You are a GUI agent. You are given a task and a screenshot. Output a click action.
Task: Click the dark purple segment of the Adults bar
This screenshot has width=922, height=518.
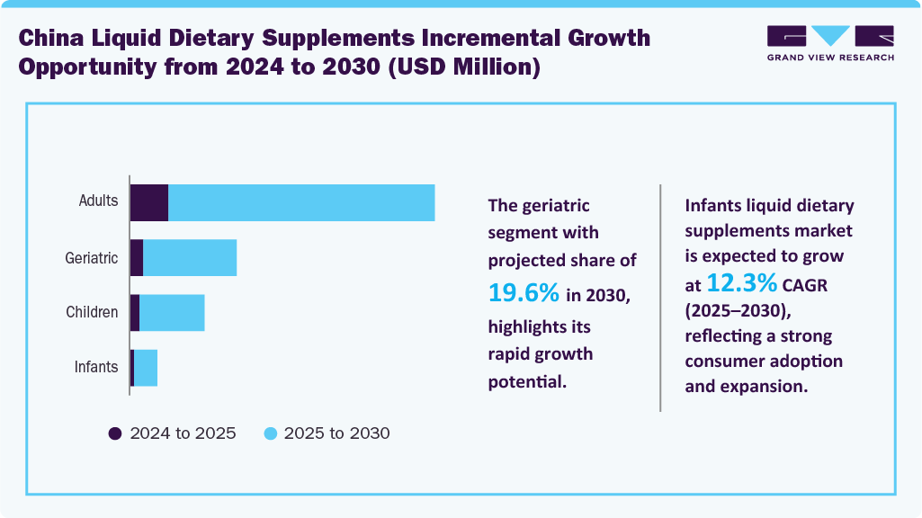(149, 202)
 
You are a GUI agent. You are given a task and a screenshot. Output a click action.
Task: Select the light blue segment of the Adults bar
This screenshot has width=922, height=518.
(301, 202)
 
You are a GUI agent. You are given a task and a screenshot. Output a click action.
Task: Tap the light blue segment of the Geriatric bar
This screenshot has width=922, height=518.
(190, 258)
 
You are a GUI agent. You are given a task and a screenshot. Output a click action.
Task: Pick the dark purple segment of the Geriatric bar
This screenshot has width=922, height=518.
(137, 258)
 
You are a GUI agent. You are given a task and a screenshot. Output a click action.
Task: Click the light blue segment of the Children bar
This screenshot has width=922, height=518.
(172, 313)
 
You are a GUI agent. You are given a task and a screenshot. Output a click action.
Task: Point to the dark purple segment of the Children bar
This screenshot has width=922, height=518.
(135, 313)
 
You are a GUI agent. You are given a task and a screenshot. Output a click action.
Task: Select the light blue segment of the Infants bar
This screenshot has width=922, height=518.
(146, 368)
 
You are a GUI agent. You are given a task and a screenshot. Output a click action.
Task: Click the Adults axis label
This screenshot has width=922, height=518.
(98, 201)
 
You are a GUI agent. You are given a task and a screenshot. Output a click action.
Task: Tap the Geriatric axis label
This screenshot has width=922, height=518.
(92, 258)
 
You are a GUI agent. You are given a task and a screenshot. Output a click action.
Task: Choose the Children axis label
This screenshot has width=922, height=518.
(92, 313)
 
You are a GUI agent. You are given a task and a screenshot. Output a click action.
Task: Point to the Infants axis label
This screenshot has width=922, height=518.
(96, 367)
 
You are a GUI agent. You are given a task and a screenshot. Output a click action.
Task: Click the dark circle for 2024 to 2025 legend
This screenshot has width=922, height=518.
(115, 433)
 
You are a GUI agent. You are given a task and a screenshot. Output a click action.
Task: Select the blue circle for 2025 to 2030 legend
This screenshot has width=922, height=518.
(270, 433)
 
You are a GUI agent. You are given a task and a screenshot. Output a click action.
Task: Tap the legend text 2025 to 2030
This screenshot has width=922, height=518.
(336, 433)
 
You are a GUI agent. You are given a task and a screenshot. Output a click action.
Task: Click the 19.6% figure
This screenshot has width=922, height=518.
(524, 292)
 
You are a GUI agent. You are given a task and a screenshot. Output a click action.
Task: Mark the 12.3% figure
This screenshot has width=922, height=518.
(741, 283)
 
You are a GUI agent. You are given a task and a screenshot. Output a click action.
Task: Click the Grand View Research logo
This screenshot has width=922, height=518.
(830, 43)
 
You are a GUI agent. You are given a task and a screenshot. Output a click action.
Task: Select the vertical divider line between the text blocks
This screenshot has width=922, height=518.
(660, 298)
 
